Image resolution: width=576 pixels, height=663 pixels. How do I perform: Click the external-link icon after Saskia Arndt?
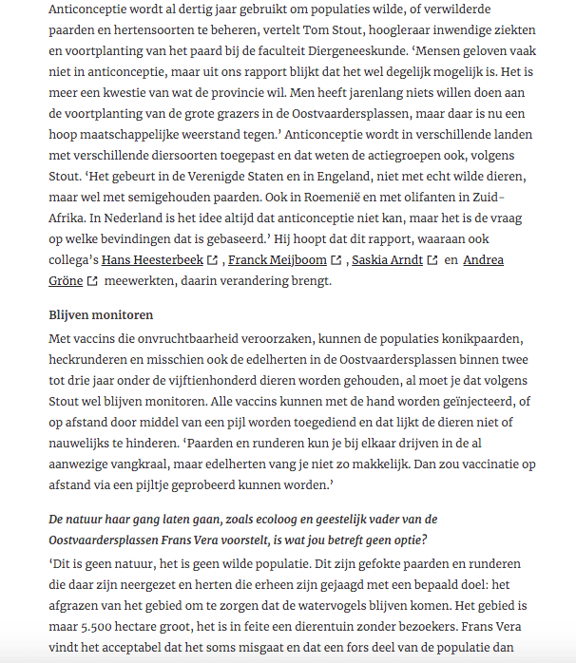tap(432, 259)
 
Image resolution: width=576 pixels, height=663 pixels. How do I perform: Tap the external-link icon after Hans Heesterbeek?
tap(212, 259)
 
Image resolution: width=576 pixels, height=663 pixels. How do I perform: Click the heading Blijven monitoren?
tap(101, 314)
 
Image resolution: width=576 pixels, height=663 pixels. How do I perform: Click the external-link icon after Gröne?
tap(92, 280)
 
